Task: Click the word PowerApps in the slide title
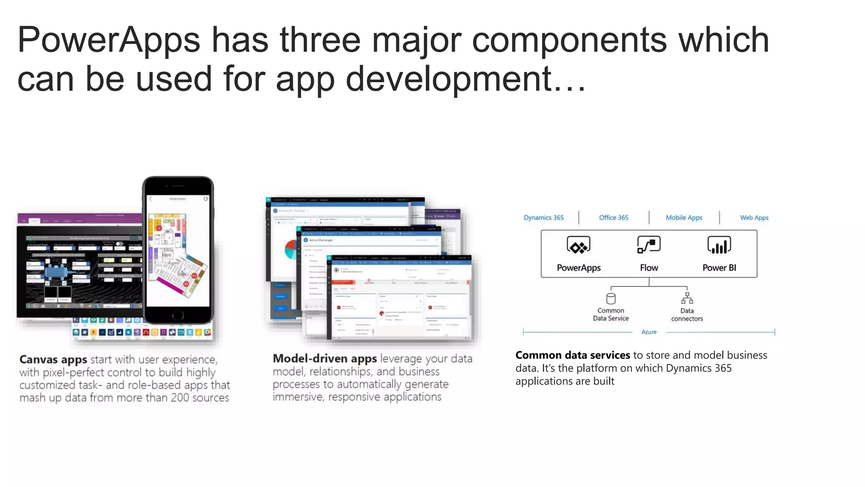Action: point(109,40)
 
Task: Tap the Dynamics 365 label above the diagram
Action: point(544,218)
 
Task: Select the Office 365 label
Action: point(613,218)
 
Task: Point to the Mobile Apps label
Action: point(684,218)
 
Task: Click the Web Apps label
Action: point(754,218)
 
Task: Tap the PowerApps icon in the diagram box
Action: point(578,245)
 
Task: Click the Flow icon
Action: point(649,245)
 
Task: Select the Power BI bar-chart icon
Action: point(719,245)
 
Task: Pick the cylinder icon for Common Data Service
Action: point(611,299)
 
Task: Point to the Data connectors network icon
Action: point(687,298)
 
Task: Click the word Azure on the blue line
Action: point(649,332)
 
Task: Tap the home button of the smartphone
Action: point(178,315)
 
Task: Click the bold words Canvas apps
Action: point(53,360)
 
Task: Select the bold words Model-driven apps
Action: point(324,359)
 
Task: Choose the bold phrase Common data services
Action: point(572,355)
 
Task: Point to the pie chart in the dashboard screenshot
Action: point(290,249)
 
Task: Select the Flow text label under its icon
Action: point(649,268)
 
